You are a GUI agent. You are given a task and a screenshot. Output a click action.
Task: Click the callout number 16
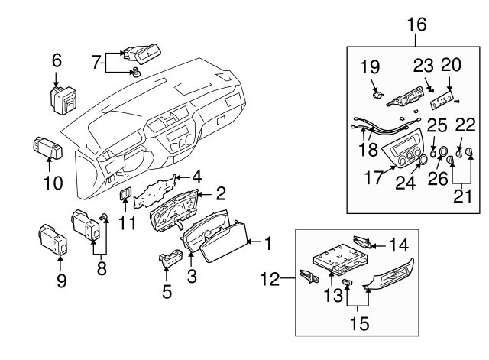(x=416, y=24)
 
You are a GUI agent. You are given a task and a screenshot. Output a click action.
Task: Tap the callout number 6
(x=57, y=60)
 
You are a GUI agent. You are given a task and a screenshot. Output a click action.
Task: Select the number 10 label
(x=53, y=183)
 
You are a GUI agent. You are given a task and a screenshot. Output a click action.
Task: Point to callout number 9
(x=62, y=280)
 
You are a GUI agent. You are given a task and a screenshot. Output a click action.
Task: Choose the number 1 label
(x=268, y=244)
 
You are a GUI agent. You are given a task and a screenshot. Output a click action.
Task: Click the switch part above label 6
(x=61, y=99)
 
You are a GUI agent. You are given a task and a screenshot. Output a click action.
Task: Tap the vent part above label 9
(x=55, y=237)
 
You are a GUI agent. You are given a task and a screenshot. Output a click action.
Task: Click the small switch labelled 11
(x=124, y=199)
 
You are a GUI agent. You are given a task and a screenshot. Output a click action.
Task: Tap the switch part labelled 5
(x=170, y=260)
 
